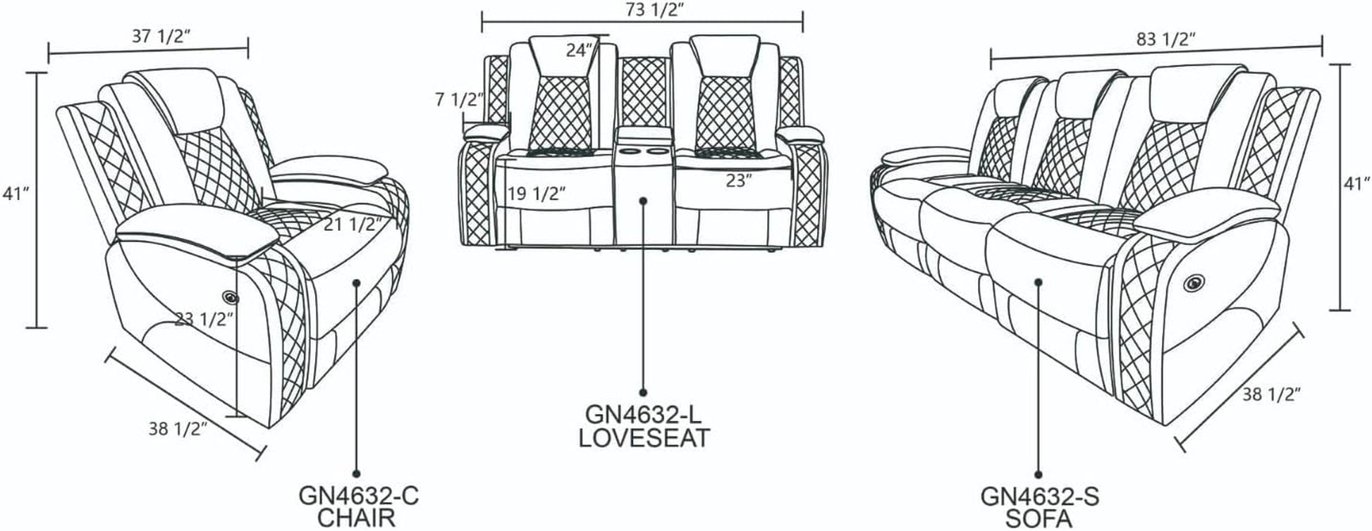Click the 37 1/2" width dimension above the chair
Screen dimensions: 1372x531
[161, 36]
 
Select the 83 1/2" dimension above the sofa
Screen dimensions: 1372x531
[1165, 39]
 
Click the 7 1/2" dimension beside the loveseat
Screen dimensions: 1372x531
[460, 100]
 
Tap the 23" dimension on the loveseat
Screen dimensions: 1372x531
[739, 180]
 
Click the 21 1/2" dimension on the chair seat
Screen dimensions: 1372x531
[353, 225]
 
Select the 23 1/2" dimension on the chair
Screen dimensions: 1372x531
[204, 319]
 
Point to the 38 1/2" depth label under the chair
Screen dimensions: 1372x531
[177, 427]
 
